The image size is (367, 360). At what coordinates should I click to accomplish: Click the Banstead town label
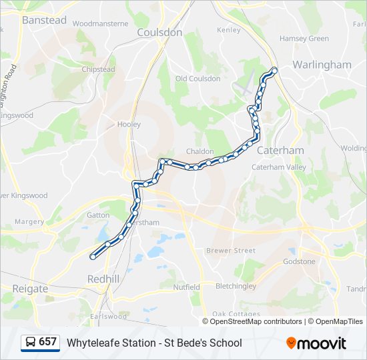(x=44, y=20)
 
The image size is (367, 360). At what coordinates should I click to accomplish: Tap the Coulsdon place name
(x=159, y=32)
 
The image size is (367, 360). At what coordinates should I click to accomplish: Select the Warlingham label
(x=322, y=65)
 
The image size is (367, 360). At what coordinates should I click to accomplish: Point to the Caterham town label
(x=280, y=150)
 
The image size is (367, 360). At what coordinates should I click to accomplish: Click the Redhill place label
(x=104, y=278)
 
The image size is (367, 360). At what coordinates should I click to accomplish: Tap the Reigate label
(x=30, y=289)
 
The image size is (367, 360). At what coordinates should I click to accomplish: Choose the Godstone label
(x=299, y=261)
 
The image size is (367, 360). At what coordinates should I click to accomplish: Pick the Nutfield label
(x=187, y=287)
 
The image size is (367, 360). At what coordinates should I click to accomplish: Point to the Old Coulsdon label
(x=198, y=79)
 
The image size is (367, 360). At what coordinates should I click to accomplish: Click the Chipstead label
(x=98, y=69)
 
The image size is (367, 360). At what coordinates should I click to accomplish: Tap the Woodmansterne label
(x=100, y=23)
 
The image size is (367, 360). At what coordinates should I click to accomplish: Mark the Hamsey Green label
(x=304, y=39)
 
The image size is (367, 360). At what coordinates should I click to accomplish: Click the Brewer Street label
(x=231, y=251)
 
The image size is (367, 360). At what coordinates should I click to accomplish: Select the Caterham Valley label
(x=278, y=168)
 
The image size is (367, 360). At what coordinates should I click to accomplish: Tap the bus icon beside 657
(x=31, y=342)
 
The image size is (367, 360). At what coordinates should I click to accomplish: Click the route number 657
(x=48, y=342)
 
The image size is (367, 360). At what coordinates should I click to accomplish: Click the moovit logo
(x=316, y=343)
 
